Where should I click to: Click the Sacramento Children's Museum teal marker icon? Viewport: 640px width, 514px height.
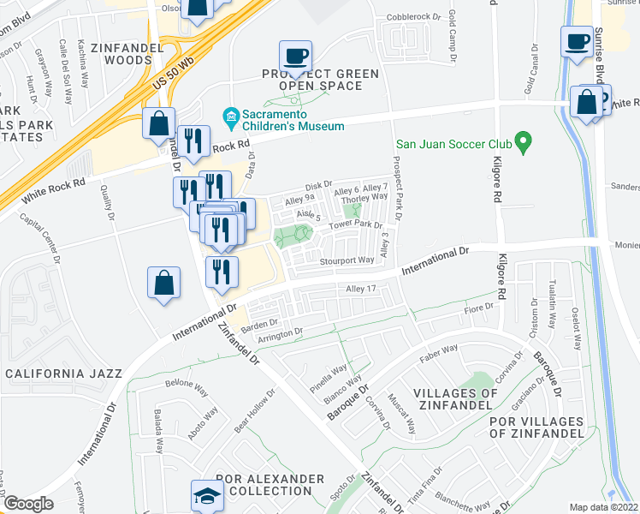(230, 115)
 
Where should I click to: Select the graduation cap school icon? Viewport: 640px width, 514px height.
(206, 495)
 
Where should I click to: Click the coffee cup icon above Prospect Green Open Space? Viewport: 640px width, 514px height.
(296, 57)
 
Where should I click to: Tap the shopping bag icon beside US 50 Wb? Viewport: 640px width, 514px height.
(159, 123)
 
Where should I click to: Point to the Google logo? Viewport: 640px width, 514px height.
(28, 504)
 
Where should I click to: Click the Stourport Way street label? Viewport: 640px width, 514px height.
(347, 260)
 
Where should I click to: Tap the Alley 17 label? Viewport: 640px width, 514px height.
(360, 290)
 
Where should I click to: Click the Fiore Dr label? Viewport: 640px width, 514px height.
(479, 309)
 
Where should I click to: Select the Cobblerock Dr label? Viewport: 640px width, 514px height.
(406, 16)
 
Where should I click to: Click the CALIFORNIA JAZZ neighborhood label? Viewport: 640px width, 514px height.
(64, 374)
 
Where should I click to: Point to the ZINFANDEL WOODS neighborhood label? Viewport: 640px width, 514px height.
(134, 54)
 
